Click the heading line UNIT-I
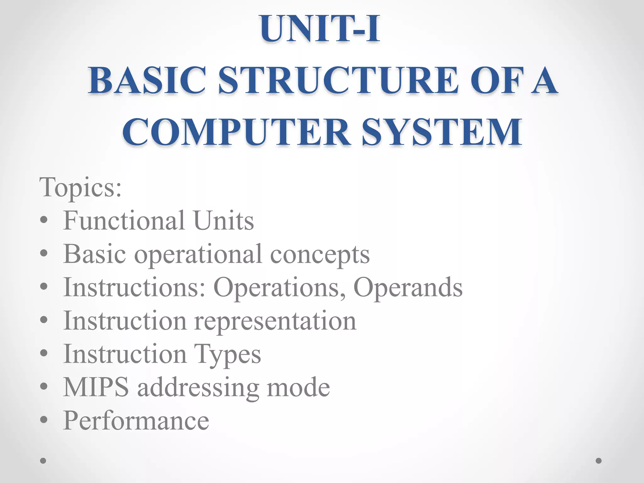(x=320, y=29)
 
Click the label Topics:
(x=80, y=187)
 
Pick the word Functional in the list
(x=124, y=220)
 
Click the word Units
(x=223, y=220)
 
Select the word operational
(x=198, y=254)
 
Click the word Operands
(x=408, y=287)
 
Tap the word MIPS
(x=96, y=387)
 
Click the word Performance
(x=136, y=420)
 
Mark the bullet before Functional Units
(x=44, y=220)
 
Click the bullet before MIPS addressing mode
(x=44, y=387)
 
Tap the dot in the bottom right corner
(x=599, y=461)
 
